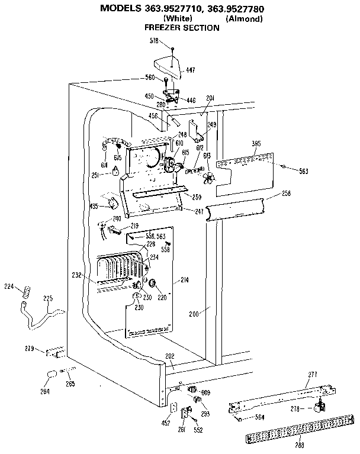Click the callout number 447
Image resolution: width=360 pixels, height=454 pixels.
[x=190, y=70]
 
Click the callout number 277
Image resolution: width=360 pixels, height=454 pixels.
[x=312, y=375]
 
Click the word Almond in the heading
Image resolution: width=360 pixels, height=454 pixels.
[x=244, y=18]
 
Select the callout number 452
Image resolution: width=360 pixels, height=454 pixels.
[x=166, y=423]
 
